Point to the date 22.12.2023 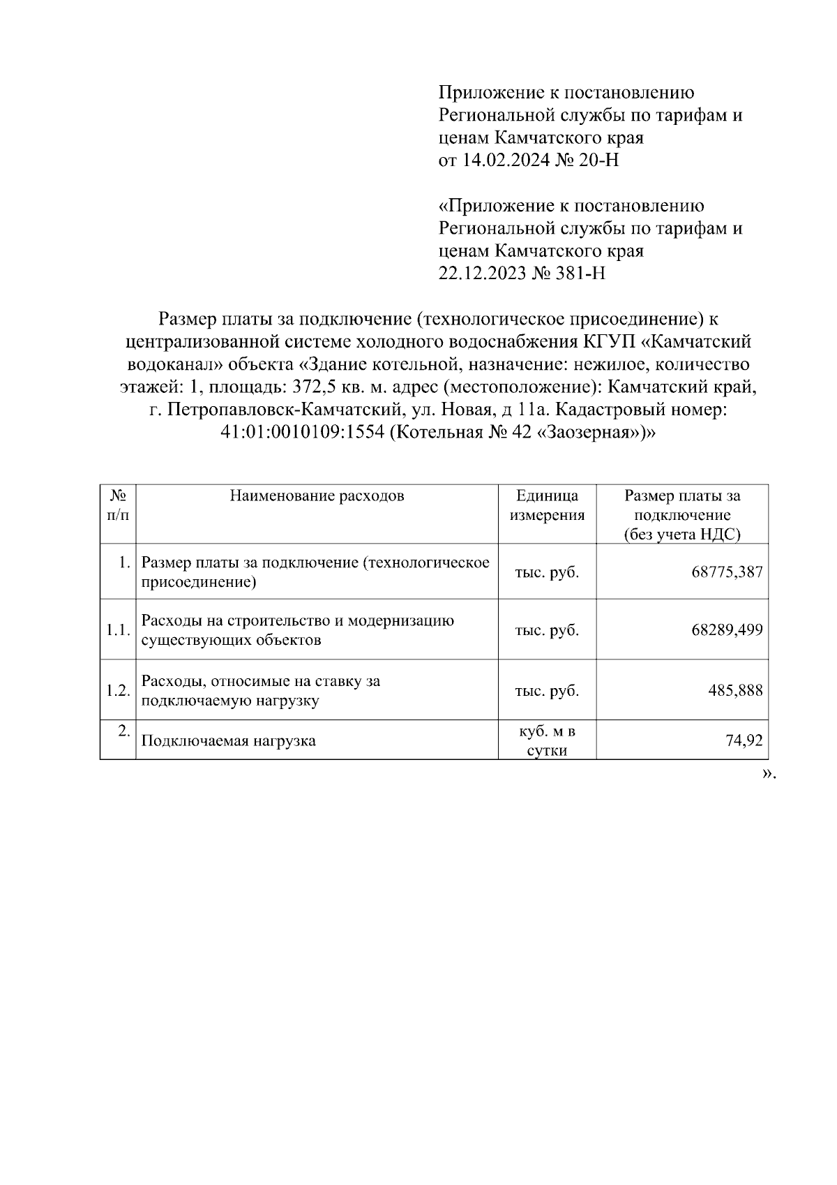(481, 273)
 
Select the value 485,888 (735, 691)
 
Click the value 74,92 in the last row (744, 740)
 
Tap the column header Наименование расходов (317, 496)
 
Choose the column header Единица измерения (547, 506)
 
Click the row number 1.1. (118, 630)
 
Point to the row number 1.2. (118, 691)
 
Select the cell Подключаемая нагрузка (228, 740)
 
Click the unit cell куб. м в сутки (547, 741)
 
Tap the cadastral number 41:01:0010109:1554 (303, 433)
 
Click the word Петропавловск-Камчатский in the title (283, 410)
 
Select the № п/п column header (118, 505)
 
